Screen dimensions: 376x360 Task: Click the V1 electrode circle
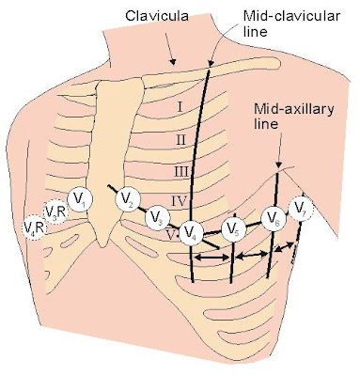[x=81, y=199]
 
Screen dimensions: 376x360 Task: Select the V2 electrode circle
[x=128, y=198]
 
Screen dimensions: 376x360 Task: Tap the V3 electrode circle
[x=160, y=219]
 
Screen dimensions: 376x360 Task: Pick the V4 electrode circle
[x=191, y=231]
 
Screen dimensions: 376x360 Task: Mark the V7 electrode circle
[x=301, y=209]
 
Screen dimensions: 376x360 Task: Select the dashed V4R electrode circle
[x=33, y=227]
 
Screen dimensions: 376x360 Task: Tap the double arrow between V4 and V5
[x=212, y=255]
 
